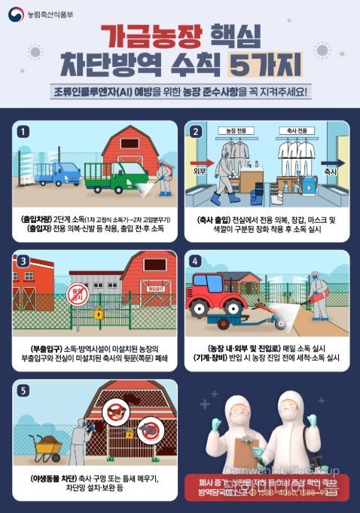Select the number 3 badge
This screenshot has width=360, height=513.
pyautogui.click(x=24, y=261)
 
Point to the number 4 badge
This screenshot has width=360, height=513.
pyautogui.click(x=197, y=261)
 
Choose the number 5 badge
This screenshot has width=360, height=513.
pyautogui.click(x=24, y=390)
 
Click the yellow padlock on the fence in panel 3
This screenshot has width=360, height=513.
pyautogui.click(x=99, y=312)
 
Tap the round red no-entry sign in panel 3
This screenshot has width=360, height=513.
pyautogui.click(x=76, y=291)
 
